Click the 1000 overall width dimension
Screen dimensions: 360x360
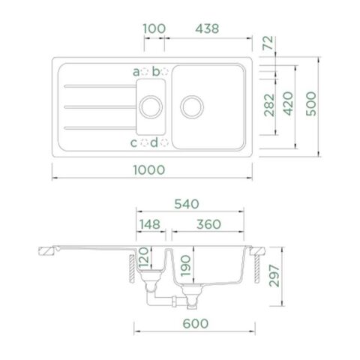coord(149,170)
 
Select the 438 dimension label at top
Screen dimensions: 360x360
coord(207,28)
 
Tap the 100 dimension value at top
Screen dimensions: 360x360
coord(154,28)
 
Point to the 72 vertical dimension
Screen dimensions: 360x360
coord(268,43)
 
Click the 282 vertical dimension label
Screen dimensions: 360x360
coord(269,105)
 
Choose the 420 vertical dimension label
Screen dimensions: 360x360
coord(288,103)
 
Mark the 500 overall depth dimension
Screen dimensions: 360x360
coord(311,103)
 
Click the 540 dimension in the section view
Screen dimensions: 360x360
coord(187,204)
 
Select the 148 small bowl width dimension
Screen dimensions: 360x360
coord(150,224)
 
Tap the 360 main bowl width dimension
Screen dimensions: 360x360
coord(208,224)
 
